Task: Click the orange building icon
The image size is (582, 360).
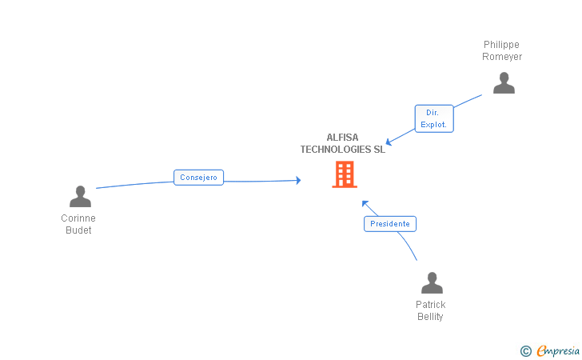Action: pyautogui.click(x=345, y=174)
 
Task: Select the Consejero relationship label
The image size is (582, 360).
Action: pyautogui.click(x=199, y=178)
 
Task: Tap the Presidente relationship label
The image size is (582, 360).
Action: pyautogui.click(x=390, y=224)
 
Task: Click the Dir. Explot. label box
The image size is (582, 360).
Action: pyautogui.click(x=434, y=118)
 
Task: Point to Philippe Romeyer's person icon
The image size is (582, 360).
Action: pyautogui.click(x=504, y=83)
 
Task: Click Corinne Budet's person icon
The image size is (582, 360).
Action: pyautogui.click(x=80, y=197)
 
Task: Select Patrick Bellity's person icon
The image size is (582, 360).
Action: pyautogui.click(x=432, y=283)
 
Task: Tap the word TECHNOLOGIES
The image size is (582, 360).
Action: pyautogui.click(x=336, y=150)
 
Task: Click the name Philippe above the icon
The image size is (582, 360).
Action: pyautogui.click(x=501, y=45)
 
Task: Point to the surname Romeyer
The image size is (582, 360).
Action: pyautogui.click(x=501, y=57)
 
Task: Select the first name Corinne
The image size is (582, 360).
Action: pyautogui.click(x=78, y=218)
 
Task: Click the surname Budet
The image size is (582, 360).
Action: pyautogui.click(x=78, y=230)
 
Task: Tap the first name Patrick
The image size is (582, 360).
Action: pyautogui.click(x=430, y=305)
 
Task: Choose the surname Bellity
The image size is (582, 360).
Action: pyautogui.click(x=430, y=317)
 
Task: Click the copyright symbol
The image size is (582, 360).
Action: pyautogui.click(x=525, y=350)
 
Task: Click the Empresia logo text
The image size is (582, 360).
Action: pyautogui.click(x=558, y=350)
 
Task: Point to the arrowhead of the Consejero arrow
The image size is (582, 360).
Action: pyautogui.click(x=298, y=181)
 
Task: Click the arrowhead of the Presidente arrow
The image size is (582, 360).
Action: pyautogui.click(x=364, y=202)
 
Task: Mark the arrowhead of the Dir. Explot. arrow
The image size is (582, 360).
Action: pyautogui.click(x=388, y=142)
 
